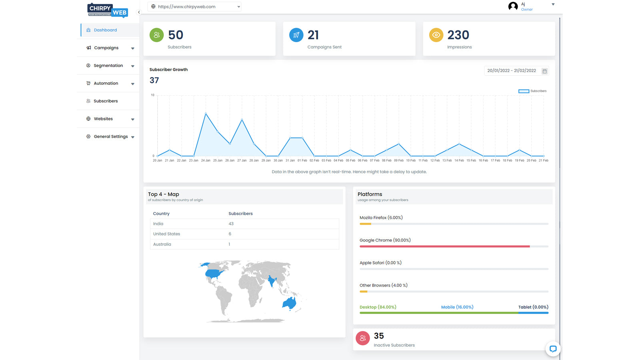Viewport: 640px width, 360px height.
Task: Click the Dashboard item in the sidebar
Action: click(105, 30)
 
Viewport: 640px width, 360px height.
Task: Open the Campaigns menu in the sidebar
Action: click(106, 48)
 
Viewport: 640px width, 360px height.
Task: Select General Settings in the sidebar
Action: click(111, 137)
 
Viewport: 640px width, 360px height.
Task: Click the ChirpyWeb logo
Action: click(108, 10)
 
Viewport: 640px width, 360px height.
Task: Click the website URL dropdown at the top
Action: click(194, 6)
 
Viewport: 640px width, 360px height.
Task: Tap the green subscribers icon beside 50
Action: click(156, 35)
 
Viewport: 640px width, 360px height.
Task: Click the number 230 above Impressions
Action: click(458, 35)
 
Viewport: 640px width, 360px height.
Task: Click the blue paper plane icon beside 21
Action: click(296, 35)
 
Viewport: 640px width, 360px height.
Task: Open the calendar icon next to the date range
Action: click(544, 71)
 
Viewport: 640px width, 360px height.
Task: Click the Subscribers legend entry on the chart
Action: click(532, 91)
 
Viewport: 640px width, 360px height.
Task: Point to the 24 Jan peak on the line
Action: click(206, 114)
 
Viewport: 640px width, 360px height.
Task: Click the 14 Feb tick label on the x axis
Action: click(459, 160)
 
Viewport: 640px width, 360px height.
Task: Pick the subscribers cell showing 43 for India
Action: click(231, 224)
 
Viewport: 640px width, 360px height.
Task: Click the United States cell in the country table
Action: click(167, 234)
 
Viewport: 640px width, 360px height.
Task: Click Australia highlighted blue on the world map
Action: click(290, 304)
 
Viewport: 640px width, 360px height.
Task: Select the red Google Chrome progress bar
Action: click(444, 246)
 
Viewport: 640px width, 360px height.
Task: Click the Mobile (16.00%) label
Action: click(457, 307)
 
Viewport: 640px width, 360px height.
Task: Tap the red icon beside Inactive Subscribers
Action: click(363, 338)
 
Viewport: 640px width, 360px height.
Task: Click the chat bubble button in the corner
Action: click(553, 349)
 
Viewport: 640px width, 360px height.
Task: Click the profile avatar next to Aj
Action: click(513, 6)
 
